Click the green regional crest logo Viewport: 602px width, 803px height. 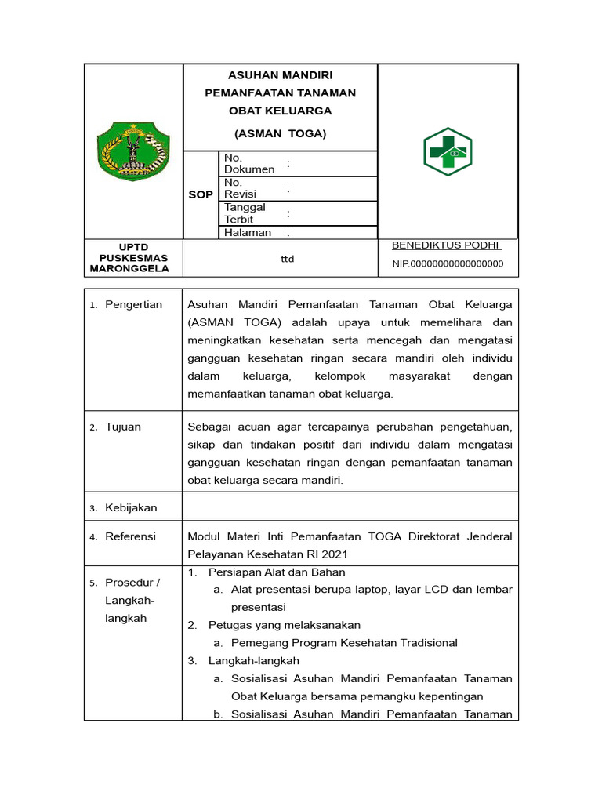(132, 151)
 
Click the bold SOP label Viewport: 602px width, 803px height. (201, 194)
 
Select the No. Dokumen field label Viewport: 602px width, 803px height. (249, 163)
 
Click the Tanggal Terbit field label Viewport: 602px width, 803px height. (245, 213)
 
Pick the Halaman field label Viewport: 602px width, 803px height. (248, 232)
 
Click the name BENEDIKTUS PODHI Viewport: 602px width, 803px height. (446, 245)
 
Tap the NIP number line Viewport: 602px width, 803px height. (448, 264)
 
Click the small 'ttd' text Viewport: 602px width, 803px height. (287, 259)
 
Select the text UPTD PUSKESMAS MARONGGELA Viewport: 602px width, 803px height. (133, 258)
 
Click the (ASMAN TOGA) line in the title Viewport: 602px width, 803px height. (280, 133)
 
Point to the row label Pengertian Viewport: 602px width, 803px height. (133, 304)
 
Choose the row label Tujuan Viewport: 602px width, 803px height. (123, 427)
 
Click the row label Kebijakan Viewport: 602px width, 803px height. (131, 507)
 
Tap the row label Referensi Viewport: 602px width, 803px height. (130, 536)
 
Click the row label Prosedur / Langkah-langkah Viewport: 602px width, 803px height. (132, 600)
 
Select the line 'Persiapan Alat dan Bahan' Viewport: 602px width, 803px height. (276, 572)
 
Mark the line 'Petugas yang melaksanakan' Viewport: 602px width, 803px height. (284, 625)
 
